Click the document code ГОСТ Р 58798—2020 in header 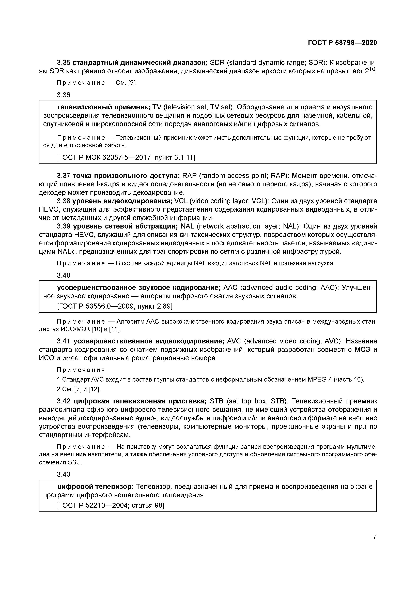pos(342,43)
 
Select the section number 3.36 pos(63,95)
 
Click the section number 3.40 pos(63,275)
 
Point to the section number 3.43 pos(63,474)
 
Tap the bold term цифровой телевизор pos(95,487)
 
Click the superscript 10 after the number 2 pos(373,69)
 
